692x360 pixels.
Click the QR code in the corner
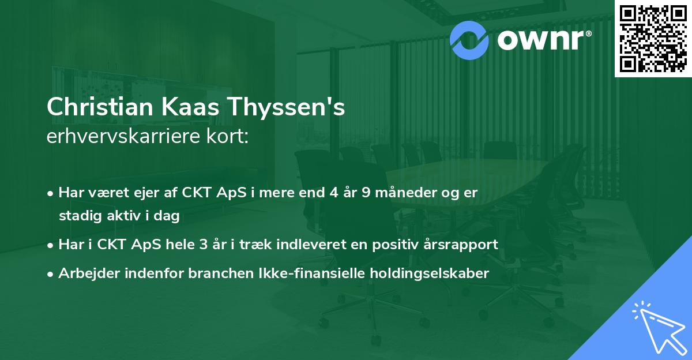click(653, 38)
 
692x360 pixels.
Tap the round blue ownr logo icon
click(469, 39)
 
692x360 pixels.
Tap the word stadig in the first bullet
click(77, 216)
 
